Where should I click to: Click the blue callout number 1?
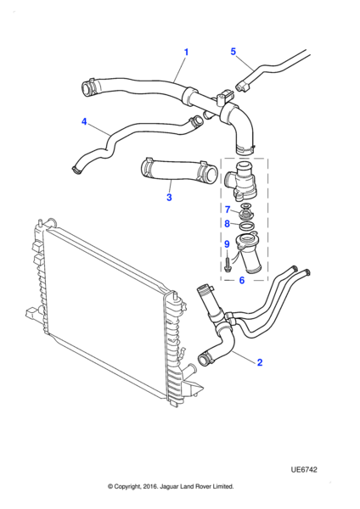[186, 53]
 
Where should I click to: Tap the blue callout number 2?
[260, 362]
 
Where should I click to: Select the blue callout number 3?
[169, 197]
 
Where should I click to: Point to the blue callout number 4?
[84, 121]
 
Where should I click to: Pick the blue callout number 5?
[233, 52]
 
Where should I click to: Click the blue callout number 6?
[242, 280]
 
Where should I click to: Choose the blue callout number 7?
[228, 210]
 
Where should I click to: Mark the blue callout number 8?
[227, 224]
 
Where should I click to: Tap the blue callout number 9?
[227, 243]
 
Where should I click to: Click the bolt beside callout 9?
[227, 264]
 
